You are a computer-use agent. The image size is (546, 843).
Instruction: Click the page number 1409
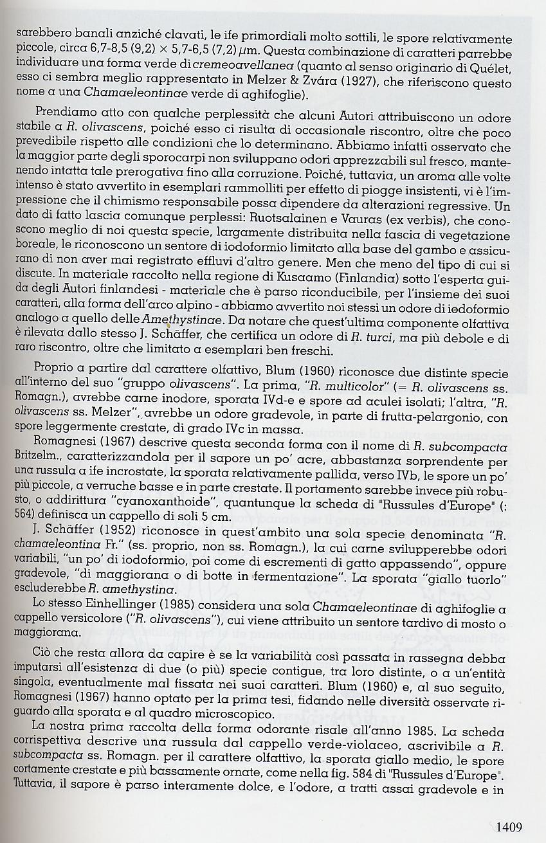(508, 828)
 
